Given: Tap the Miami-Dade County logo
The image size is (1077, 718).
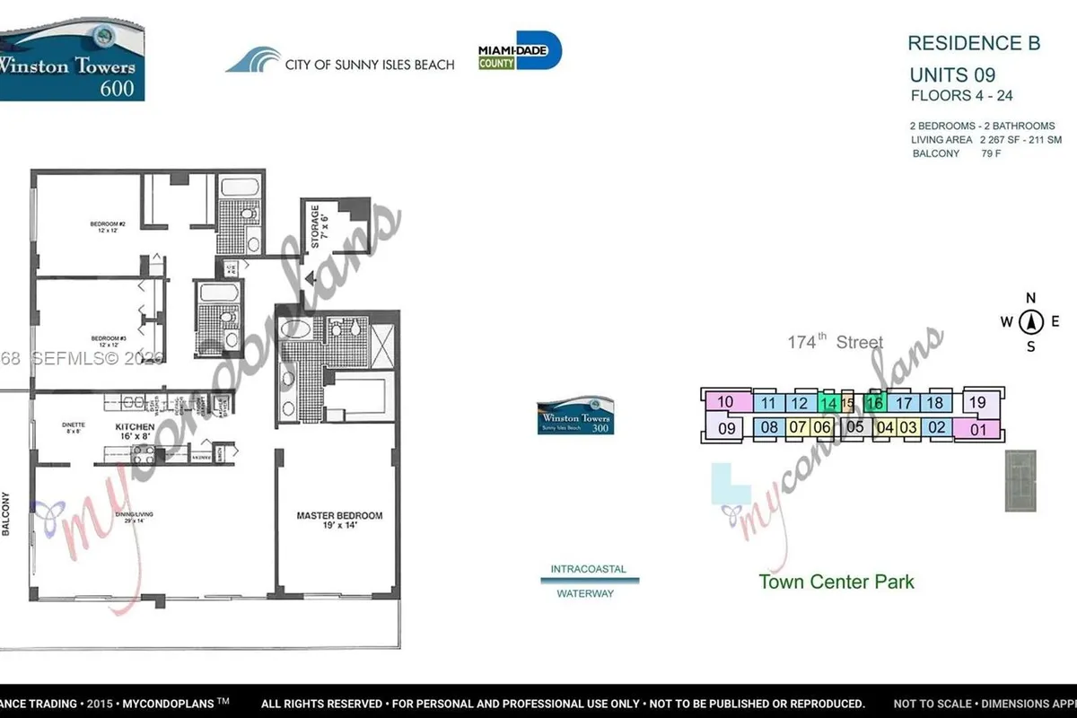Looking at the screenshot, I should click(520, 51).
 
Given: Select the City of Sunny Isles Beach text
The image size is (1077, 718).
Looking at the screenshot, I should click(369, 65).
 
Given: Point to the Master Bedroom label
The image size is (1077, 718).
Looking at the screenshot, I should click(339, 521).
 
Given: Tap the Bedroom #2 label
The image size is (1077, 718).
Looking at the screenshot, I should click(107, 227).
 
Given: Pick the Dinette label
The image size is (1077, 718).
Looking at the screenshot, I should click(74, 427).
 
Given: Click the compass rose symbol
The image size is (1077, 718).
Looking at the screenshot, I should click(1031, 322).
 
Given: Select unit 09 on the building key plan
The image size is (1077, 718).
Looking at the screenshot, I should click(726, 428).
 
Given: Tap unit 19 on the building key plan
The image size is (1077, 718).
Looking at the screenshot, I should click(977, 402).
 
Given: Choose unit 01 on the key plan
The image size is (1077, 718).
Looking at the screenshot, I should click(977, 428).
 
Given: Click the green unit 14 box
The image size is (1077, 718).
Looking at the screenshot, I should click(829, 404).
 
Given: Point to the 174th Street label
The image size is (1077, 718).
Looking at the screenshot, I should click(835, 342).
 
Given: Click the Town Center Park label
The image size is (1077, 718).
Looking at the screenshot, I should click(836, 582).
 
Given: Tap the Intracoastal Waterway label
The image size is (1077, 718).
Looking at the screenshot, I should click(589, 581).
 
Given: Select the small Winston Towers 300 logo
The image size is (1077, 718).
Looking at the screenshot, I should click(575, 417).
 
